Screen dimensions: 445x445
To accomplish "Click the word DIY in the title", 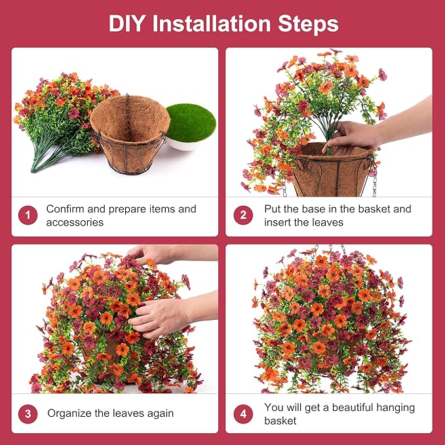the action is tap(127, 24).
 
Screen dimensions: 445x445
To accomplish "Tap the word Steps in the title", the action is tap(308, 24).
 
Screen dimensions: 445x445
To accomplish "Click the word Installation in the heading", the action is tap(212, 24).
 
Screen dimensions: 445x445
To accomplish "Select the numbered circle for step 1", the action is tap(28, 215).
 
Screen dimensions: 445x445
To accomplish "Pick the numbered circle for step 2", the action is tap(243, 215).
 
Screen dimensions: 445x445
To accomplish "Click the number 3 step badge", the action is tap(28, 414).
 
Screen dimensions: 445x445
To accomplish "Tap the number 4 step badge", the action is tap(243, 414).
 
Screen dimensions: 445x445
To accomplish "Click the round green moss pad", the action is tap(191, 123).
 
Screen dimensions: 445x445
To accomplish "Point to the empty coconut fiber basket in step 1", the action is tap(130, 134).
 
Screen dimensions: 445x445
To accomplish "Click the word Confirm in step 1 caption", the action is tap(66, 209).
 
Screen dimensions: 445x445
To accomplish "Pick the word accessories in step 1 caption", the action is tap(75, 223).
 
